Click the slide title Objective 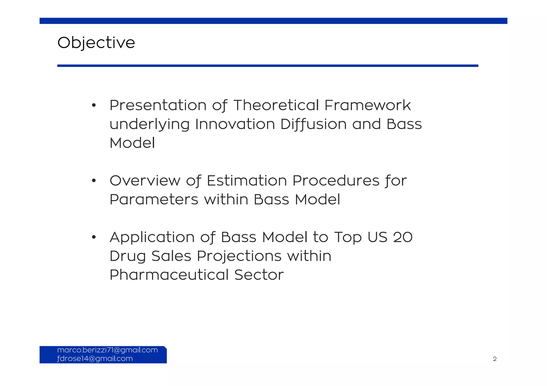coord(96,43)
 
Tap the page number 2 coord(495,359)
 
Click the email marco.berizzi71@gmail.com coord(107,350)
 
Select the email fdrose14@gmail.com coord(95,359)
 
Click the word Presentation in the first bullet coord(158,105)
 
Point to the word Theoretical coord(276,105)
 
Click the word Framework coord(368,105)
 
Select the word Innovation coord(235,124)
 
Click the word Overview coord(145,181)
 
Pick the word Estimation coord(247,181)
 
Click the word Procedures coord(336,181)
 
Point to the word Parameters coord(154,200)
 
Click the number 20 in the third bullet coord(403,237)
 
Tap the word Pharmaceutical coord(169,275)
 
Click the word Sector coord(259,275)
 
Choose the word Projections coord(239,256)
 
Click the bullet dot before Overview coord(93,181)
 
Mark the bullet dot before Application coord(93,237)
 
